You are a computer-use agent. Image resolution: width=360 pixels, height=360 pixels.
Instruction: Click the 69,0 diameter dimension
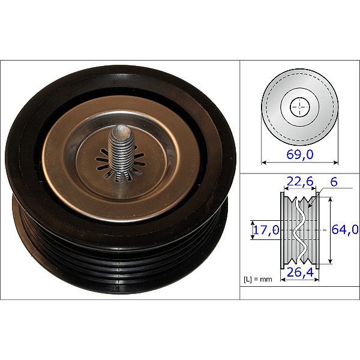tap(301, 155)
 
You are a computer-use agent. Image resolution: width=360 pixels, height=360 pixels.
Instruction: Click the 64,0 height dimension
tap(345, 229)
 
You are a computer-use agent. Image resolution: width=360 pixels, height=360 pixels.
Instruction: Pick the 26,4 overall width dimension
tap(299, 274)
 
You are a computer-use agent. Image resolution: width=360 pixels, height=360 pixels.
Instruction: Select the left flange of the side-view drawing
tap(282, 229)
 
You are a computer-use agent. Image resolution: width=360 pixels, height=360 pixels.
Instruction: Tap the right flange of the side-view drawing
tap(317, 229)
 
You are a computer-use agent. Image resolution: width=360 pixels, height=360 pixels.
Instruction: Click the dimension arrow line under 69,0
tap(300, 162)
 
